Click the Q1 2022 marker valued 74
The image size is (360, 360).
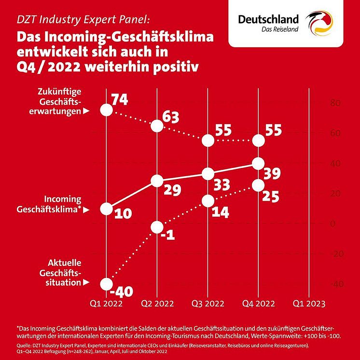[107, 111]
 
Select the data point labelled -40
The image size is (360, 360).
[107, 283]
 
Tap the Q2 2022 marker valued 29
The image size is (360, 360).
[157, 181]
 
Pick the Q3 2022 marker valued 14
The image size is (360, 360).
[208, 200]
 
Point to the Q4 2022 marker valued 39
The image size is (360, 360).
[258, 164]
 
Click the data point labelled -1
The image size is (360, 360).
[157, 227]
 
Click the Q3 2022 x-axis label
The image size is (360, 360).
[208, 304]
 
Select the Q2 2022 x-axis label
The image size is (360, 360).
[157, 304]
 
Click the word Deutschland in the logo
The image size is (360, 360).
[268, 19]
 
